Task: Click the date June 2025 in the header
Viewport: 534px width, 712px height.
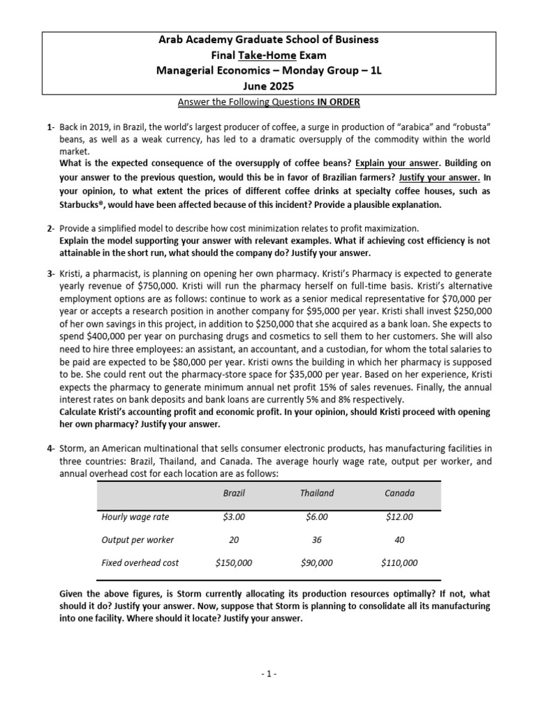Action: [267, 87]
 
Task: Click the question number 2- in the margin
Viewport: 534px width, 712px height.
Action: [51, 228]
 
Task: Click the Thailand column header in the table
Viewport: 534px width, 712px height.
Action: [316, 493]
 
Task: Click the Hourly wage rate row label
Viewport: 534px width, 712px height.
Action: [135, 517]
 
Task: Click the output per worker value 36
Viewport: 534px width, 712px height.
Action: [316, 540]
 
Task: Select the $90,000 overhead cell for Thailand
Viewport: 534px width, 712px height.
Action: [316, 564]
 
